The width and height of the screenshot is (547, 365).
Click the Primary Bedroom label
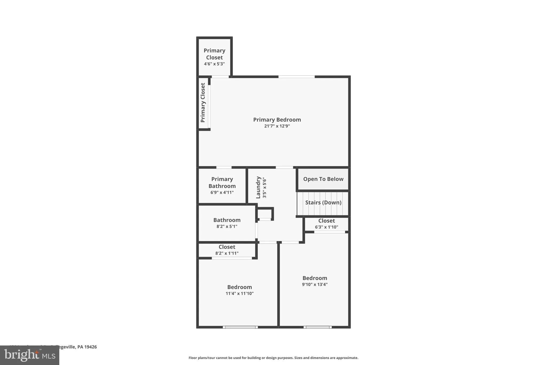(x=277, y=120)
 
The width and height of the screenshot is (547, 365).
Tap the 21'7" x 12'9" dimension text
(x=277, y=126)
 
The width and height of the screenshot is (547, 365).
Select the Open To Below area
(x=323, y=179)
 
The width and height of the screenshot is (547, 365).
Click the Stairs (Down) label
(x=323, y=202)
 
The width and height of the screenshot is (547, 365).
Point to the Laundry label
(x=258, y=187)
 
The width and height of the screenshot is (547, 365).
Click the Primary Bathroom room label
(x=222, y=182)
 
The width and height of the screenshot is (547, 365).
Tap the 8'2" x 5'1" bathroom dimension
(x=227, y=226)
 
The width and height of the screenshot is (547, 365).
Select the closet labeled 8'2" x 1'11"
(x=227, y=250)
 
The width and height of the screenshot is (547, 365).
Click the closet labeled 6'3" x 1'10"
(x=326, y=224)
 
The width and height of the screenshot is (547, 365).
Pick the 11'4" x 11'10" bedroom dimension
(x=239, y=294)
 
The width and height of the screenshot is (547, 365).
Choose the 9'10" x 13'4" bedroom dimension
(x=315, y=285)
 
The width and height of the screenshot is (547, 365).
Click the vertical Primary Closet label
(x=203, y=103)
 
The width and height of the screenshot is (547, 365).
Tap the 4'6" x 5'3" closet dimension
(x=214, y=64)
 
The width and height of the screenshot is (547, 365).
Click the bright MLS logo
(x=29, y=355)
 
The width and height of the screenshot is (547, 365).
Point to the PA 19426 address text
(x=87, y=347)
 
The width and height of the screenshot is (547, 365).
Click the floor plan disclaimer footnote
(x=273, y=358)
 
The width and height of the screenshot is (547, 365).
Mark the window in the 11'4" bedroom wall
(x=240, y=327)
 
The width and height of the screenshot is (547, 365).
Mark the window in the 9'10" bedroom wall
(x=318, y=327)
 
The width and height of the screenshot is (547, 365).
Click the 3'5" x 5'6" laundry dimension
(x=264, y=187)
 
